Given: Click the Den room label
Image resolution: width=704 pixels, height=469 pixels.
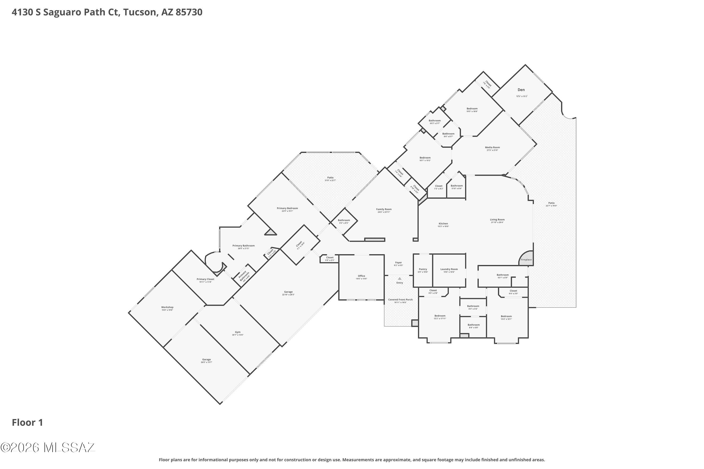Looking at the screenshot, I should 521,90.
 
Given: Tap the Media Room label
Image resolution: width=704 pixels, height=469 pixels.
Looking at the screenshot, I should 492,147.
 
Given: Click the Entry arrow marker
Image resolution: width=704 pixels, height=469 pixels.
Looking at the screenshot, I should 400,279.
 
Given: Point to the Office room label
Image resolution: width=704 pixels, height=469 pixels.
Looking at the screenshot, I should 361,276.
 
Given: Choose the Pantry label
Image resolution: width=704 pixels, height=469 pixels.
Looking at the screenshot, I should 423,269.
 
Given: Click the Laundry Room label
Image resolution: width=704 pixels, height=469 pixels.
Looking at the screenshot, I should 449,269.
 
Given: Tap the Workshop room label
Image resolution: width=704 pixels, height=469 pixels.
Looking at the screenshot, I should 167,307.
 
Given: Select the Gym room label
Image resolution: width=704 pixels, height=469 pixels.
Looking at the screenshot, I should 238,332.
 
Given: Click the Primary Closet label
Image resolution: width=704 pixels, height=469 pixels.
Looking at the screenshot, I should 205,279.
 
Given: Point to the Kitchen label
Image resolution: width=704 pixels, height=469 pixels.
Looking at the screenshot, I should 443,223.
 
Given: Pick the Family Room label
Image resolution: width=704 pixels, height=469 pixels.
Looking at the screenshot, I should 384,209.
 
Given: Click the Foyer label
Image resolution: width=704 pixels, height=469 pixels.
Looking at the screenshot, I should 398,263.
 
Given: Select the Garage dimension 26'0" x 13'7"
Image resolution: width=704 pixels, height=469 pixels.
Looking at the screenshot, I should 206,362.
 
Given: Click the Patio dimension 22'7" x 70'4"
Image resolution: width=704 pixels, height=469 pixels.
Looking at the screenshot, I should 551,206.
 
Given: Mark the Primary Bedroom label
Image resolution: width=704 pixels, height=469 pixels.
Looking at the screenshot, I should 287,208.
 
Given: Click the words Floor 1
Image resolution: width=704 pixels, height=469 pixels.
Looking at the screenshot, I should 27,422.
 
